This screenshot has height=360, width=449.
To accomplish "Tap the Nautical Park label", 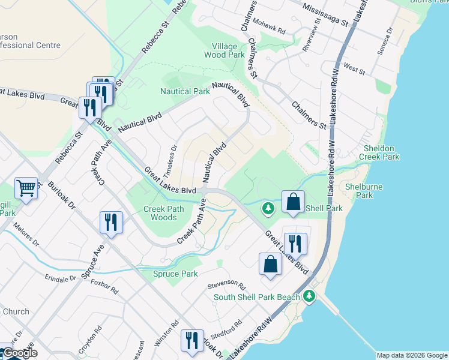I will [x=185, y=91].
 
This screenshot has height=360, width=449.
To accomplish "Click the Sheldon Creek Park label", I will [x=379, y=152].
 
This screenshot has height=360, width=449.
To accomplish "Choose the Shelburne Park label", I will [x=364, y=191].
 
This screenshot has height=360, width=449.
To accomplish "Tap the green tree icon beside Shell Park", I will [x=268, y=209].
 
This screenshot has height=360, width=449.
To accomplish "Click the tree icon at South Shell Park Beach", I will [x=309, y=296].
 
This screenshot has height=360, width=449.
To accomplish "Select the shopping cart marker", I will [x=26, y=188].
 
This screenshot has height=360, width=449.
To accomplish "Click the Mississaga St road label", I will [x=325, y=15].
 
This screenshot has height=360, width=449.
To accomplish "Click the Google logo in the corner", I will [x=20, y=353].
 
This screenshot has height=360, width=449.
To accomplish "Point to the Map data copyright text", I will [x=412, y=355].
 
